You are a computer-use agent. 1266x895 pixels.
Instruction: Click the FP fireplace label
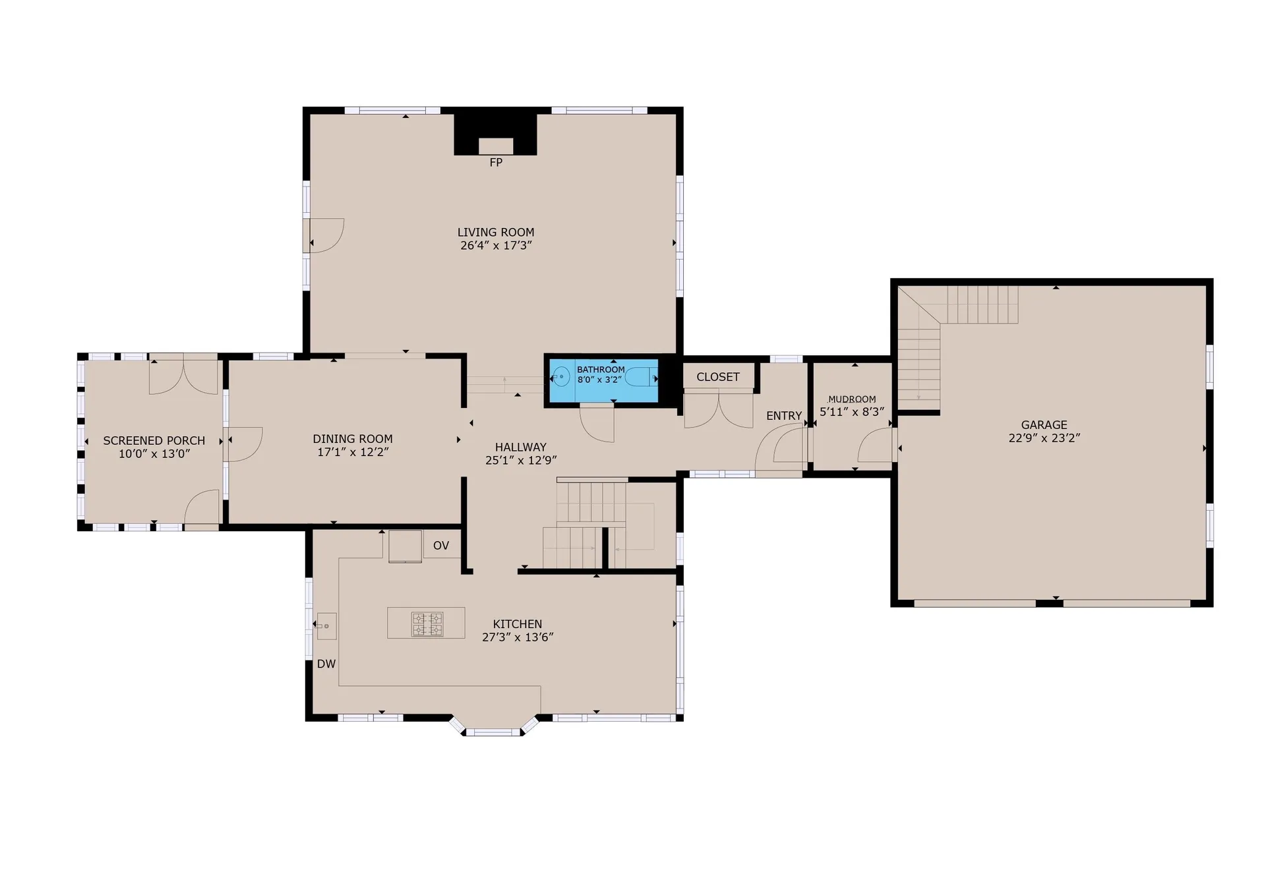496,162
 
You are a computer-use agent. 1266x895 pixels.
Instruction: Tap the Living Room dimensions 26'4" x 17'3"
496,246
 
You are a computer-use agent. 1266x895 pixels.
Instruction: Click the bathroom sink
560,377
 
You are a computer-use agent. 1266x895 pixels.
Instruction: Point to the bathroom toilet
640,378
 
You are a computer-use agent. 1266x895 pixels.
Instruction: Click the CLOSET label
717,377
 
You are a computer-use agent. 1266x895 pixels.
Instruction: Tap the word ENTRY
784,416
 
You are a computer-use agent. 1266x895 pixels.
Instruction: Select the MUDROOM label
852,399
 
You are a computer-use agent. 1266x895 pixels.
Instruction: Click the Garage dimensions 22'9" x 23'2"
1044,438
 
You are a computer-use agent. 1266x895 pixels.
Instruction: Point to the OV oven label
441,546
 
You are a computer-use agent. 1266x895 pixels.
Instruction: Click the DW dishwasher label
326,664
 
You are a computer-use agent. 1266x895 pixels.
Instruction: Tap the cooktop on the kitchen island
427,623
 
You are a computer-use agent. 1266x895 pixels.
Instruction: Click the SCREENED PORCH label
154,441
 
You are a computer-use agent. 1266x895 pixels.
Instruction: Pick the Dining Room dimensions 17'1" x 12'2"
353,452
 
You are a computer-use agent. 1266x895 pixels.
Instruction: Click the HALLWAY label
520,447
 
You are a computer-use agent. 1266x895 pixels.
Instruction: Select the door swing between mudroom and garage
875,446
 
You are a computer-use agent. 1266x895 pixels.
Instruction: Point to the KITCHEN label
518,624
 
